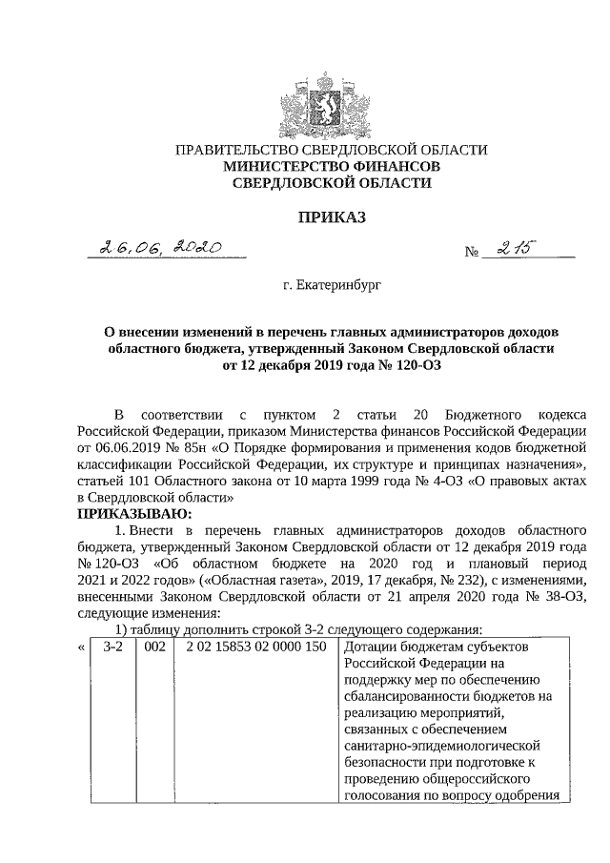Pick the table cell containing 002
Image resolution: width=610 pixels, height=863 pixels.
point(155,647)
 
